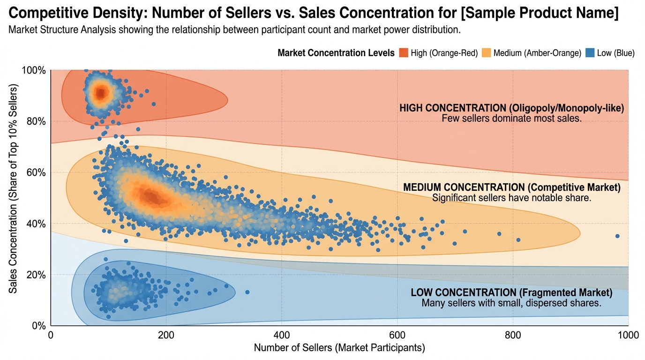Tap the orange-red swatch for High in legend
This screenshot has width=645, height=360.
coord(404,53)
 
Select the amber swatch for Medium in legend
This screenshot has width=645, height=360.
coord(487,53)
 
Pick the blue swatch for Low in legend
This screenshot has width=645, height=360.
coord(591,53)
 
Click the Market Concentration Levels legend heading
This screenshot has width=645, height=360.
coord(336,53)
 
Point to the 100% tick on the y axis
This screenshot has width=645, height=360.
coord(34,70)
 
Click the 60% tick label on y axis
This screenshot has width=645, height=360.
coord(36,172)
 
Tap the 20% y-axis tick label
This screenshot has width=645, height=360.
coord(36,275)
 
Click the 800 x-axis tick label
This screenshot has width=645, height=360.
coord(513,335)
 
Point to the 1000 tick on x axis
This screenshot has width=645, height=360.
coord(628,335)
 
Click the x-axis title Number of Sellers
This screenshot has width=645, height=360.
coord(339,348)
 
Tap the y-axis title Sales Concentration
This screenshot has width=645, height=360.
coord(13,189)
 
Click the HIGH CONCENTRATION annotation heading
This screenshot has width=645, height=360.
coord(511,108)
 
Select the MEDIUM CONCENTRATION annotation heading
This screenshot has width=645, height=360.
coord(511,187)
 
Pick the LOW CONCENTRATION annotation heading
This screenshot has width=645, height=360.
coord(511,293)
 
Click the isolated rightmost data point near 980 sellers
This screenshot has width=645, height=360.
coord(617,236)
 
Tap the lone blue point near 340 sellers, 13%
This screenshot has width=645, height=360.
coord(247,292)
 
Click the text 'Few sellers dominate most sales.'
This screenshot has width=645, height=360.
coord(511,119)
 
